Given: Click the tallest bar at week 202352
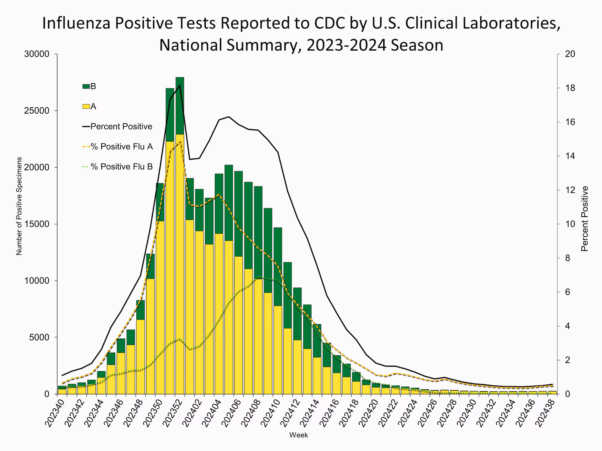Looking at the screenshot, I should click(x=180, y=235).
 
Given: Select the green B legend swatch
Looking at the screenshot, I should click(x=86, y=86).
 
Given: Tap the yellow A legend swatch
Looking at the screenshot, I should click(x=86, y=107).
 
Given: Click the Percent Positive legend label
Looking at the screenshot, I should click(x=121, y=127).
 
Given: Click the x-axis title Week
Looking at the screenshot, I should click(x=299, y=435).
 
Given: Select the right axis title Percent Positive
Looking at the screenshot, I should click(x=585, y=219).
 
